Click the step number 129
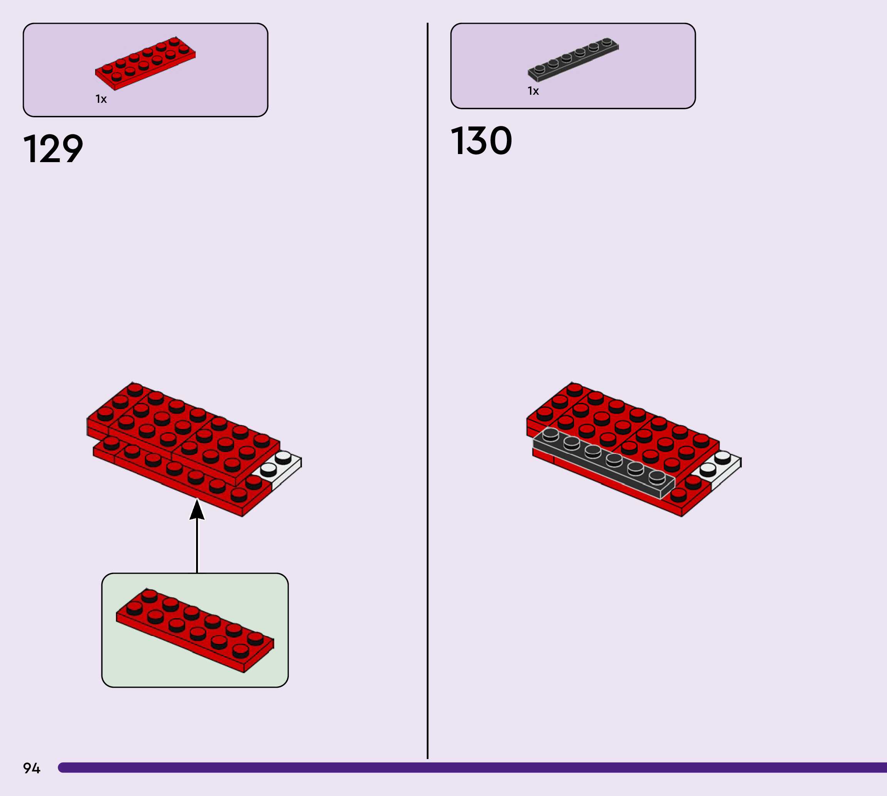(53, 149)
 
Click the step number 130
(481, 141)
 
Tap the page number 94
(32, 768)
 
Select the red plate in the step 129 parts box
(145, 63)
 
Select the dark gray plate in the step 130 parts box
(573, 59)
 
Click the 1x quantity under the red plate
(101, 99)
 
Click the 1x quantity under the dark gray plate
(533, 91)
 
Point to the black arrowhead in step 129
(197, 509)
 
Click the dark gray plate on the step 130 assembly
(604, 464)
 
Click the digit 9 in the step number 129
(70, 149)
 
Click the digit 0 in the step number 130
(499, 141)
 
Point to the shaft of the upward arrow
(197, 547)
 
